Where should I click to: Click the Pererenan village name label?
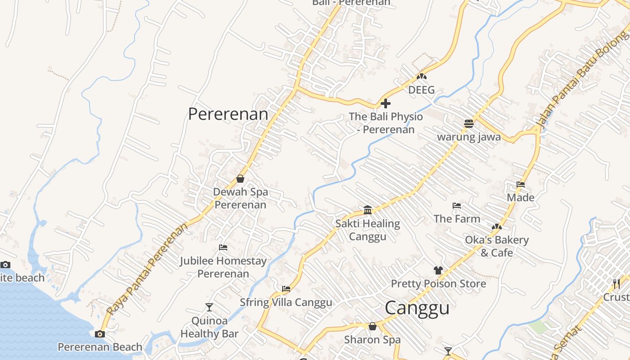tap(228, 114)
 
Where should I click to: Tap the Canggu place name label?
tap(417, 308)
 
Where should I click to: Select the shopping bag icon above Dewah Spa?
tap(240, 179)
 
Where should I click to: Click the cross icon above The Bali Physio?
tap(385, 103)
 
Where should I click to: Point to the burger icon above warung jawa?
tap(469, 123)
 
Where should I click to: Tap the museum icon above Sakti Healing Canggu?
tap(368, 210)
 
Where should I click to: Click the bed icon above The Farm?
tap(457, 206)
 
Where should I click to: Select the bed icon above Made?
tap(521, 184)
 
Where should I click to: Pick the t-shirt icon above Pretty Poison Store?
tap(438, 270)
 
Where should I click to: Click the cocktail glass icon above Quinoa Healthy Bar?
tap(209, 307)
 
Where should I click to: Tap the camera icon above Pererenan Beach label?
tap(100, 334)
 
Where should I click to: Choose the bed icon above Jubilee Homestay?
tap(223, 247)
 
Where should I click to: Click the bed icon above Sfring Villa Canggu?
tap(286, 289)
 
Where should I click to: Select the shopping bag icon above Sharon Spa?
tap(372, 326)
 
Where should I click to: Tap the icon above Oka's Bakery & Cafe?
tap(497, 227)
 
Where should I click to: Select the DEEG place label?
tap(421, 90)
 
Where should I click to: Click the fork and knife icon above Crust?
tap(616, 283)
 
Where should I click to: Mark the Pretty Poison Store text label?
tap(438, 283)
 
